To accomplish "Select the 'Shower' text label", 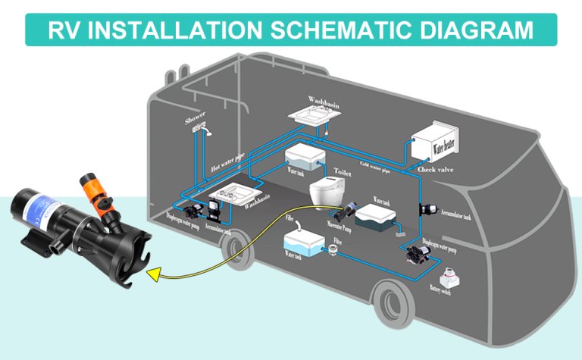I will pyautogui.click(x=195, y=121).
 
